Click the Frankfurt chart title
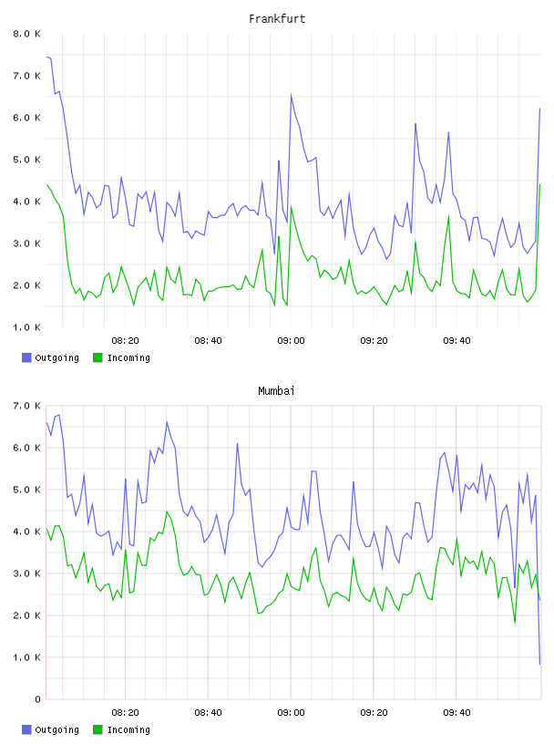277,19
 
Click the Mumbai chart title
276,391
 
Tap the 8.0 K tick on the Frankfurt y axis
27,34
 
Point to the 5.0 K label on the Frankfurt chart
27,160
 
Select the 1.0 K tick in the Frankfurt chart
27,327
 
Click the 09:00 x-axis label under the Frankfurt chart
291,341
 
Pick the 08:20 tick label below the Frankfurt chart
125,341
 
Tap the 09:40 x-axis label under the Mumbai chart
457,713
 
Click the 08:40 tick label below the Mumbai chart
209,713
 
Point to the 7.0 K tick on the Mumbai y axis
27,406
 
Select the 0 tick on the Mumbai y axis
38,699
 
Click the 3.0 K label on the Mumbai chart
27,573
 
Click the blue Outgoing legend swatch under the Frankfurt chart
26,357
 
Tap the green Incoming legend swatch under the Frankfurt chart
97,357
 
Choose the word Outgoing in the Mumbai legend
56,730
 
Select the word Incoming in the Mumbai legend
128,730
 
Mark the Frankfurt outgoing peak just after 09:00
292,95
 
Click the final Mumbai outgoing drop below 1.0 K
539,664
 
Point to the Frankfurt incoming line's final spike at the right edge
539,184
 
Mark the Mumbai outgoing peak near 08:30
167,422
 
